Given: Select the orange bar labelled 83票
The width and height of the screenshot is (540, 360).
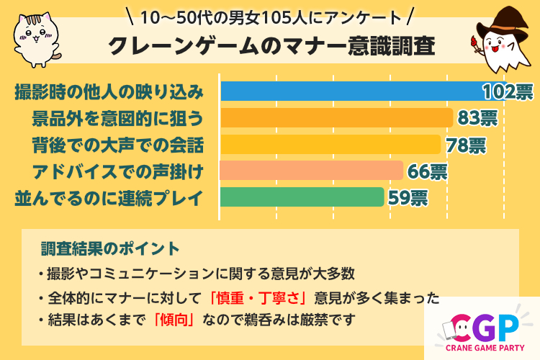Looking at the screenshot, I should [x=336, y=118].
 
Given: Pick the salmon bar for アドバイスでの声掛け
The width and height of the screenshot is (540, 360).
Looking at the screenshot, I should [x=310, y=171].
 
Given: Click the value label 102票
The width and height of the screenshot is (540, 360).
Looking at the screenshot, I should [x=508, y=92].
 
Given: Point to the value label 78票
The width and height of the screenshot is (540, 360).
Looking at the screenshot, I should [x=466, y=145].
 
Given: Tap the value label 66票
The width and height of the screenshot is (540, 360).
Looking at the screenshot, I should [x=427, y=171].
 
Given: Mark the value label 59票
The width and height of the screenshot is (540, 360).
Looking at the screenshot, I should [x=408, y=197].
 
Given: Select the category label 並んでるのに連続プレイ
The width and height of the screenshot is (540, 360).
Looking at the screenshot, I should [x=108, y=197].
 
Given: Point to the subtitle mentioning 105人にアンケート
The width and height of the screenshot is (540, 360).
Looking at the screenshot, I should [x=269, y=16].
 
